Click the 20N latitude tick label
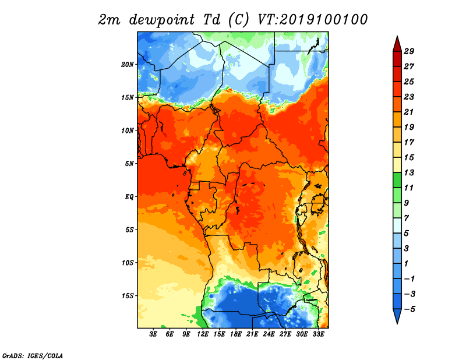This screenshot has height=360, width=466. point(127,65)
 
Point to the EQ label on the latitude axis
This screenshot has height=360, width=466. point(129,197)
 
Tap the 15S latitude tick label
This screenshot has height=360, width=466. point(127,296)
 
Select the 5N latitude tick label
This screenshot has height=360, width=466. point(129,164)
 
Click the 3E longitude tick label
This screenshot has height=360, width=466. point(153,334)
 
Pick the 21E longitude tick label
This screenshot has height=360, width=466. point(252,334)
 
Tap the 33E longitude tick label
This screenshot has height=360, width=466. point(318,334)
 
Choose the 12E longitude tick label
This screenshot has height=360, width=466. point(203,334)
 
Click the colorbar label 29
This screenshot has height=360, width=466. point(409,51)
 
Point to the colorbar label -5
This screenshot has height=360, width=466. point(409,309)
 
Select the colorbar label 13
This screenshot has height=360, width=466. point(409,172)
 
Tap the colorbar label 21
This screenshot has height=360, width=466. point(409,112)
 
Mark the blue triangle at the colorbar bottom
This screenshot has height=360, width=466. point(397,315)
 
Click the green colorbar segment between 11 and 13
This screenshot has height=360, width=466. point(397,180)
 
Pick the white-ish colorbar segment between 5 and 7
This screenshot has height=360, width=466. point(397,225)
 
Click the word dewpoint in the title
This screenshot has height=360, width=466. point(162,20)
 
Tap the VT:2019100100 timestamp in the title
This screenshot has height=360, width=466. point(313,20)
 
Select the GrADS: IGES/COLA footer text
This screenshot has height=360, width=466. point(33,355)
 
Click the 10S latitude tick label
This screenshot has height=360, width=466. point(127,263)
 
